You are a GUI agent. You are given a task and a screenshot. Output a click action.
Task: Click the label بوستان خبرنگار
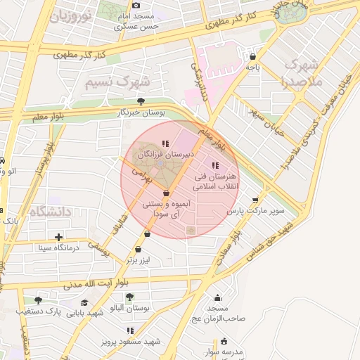141,112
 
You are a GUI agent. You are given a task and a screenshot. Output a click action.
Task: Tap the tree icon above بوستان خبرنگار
141,101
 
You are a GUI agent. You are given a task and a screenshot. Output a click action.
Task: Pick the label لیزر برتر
139,259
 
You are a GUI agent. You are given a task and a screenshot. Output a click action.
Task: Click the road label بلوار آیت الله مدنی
96,284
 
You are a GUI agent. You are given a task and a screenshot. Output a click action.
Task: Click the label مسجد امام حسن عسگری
137,21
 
